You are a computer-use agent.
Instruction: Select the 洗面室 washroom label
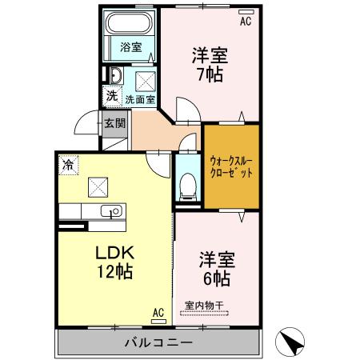141,100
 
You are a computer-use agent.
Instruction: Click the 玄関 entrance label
114,124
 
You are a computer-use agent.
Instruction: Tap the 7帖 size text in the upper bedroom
210,76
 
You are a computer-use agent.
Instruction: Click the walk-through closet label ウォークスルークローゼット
231,166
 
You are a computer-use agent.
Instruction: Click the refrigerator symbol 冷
69,165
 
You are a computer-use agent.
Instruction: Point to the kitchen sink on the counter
113,212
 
